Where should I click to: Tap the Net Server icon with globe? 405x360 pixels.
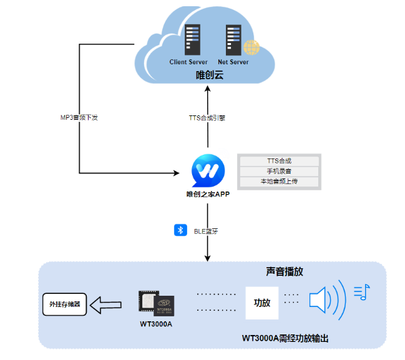pos(235,40)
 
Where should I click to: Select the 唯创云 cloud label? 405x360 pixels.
pos(209,75)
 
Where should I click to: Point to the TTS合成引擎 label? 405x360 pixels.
pos(207,117)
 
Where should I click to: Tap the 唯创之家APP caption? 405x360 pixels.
pos(208,194)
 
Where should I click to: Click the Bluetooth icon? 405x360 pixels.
pos(180,230)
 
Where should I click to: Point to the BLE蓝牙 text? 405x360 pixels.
pos(206,231)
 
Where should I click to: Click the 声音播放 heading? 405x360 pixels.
pos(285,272)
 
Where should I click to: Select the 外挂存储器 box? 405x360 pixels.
pos(65,304)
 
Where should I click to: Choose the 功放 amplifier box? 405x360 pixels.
pos(261,303)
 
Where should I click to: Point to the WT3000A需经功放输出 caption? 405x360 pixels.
pos(285,338)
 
